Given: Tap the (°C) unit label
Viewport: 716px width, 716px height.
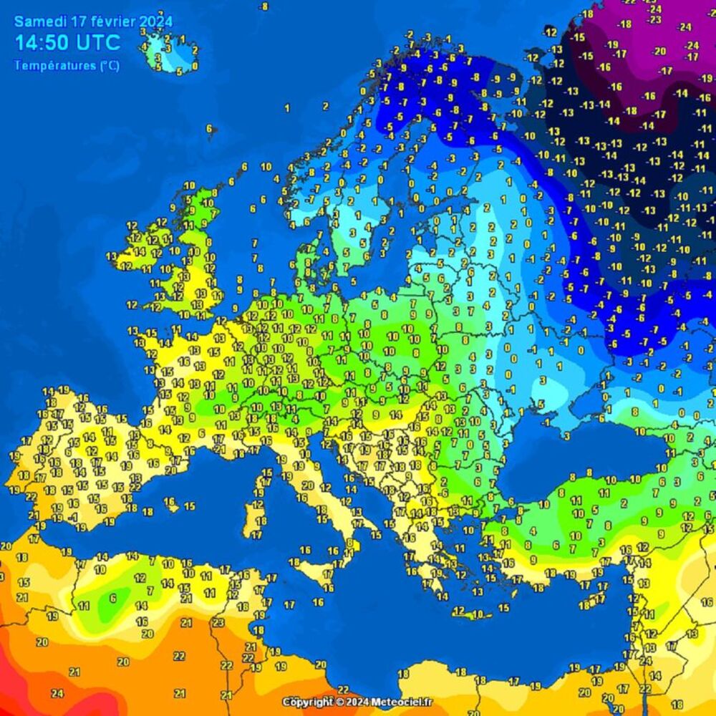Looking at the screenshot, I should click(x=110, y=66).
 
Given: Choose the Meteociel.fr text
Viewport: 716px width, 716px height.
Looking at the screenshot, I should click(x=402, y=702).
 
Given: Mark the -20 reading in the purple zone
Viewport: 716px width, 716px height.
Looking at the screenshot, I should click(x=659, y=51).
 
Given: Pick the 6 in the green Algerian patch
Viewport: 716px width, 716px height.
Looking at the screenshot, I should click(x=112, y=598).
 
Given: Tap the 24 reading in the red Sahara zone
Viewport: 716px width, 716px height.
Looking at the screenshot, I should click(x=57, y=693).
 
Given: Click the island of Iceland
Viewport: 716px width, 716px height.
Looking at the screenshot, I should click(x=170, y=52).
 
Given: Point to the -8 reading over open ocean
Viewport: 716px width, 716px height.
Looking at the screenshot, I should click(x=263, y=6).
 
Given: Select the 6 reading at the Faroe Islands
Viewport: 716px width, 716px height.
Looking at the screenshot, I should click(x=210, y=129).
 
